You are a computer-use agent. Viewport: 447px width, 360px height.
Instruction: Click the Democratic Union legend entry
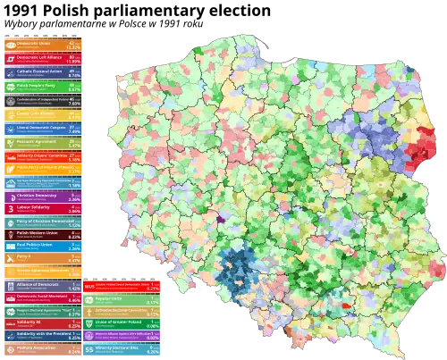[44, 44]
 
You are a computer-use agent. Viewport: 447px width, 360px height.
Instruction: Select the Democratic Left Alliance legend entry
[44, 59]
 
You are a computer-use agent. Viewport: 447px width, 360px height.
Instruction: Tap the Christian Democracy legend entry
[44, 197]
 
